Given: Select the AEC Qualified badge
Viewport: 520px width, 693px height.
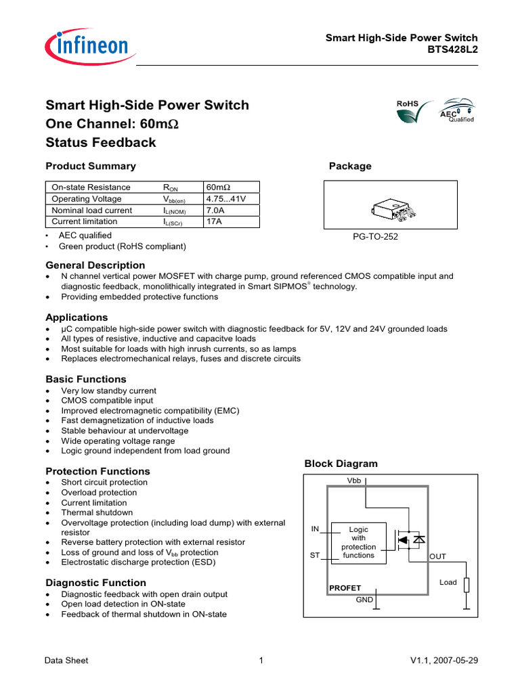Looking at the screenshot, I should click(x=456, y=112).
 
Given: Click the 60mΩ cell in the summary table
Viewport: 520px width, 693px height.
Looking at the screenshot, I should click(x=218, y=187).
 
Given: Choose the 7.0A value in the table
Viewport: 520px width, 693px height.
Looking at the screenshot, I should click(x=215, y=210).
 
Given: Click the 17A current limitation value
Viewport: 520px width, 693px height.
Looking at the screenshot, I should click(x=214, y=222).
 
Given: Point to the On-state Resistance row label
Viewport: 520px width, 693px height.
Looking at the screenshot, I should click(x=91, y=187).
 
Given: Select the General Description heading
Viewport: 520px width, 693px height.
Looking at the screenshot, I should click(x=95, y=265).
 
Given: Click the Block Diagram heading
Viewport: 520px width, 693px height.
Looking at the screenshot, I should click(x=341, y=464).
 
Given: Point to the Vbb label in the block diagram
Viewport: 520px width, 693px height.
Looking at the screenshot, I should click(x=355, y=480).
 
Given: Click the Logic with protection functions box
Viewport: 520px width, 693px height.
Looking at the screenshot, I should click(x=358, y=542).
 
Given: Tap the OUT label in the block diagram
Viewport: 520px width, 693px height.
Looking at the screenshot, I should click(x=438, y=556).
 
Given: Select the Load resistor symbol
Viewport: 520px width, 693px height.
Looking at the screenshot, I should click(x=467, y=584).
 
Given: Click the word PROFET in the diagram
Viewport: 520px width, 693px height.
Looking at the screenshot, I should click(x=345, y=587).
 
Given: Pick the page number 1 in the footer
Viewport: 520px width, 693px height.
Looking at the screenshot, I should click(x=261, y=661).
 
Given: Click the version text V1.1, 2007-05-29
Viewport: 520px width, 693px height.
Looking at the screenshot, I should click(x=444, y=661).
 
